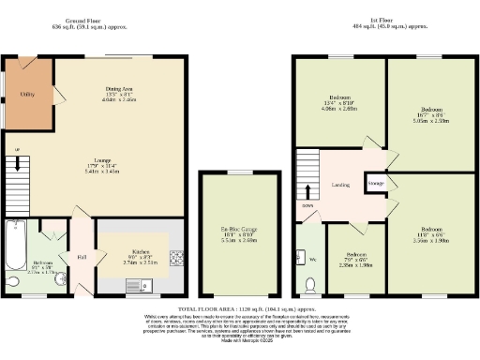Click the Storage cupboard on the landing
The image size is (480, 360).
pos(376,184)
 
